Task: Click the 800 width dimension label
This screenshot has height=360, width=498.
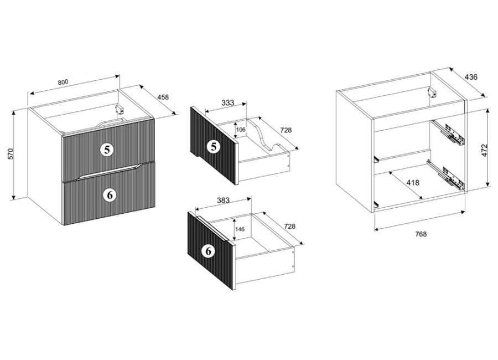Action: [63, 82]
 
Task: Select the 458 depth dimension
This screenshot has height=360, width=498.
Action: [163, 97]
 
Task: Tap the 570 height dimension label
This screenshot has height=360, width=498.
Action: [10, 154]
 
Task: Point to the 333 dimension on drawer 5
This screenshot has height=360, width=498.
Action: [228, 102]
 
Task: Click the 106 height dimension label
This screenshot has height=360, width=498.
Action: [241, 130]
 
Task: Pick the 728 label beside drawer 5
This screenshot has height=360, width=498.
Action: [286, 130]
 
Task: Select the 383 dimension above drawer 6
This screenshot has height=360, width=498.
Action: [223, 200]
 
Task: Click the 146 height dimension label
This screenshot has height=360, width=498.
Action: [240, 229]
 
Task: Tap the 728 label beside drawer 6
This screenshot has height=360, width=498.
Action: [289, 226]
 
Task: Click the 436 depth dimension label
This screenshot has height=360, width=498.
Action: [471, 77]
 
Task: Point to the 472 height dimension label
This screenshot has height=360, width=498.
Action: [484, 150]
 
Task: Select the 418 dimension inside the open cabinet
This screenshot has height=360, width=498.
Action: [413, 183]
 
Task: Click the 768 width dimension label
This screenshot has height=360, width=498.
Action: [421, 234]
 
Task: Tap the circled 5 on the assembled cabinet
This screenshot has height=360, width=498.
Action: [107, 149]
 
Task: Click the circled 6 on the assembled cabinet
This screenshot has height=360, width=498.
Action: [110, 194]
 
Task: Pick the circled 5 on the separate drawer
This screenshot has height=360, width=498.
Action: [214, 147]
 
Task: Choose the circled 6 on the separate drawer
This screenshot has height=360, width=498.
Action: [209, 251]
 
